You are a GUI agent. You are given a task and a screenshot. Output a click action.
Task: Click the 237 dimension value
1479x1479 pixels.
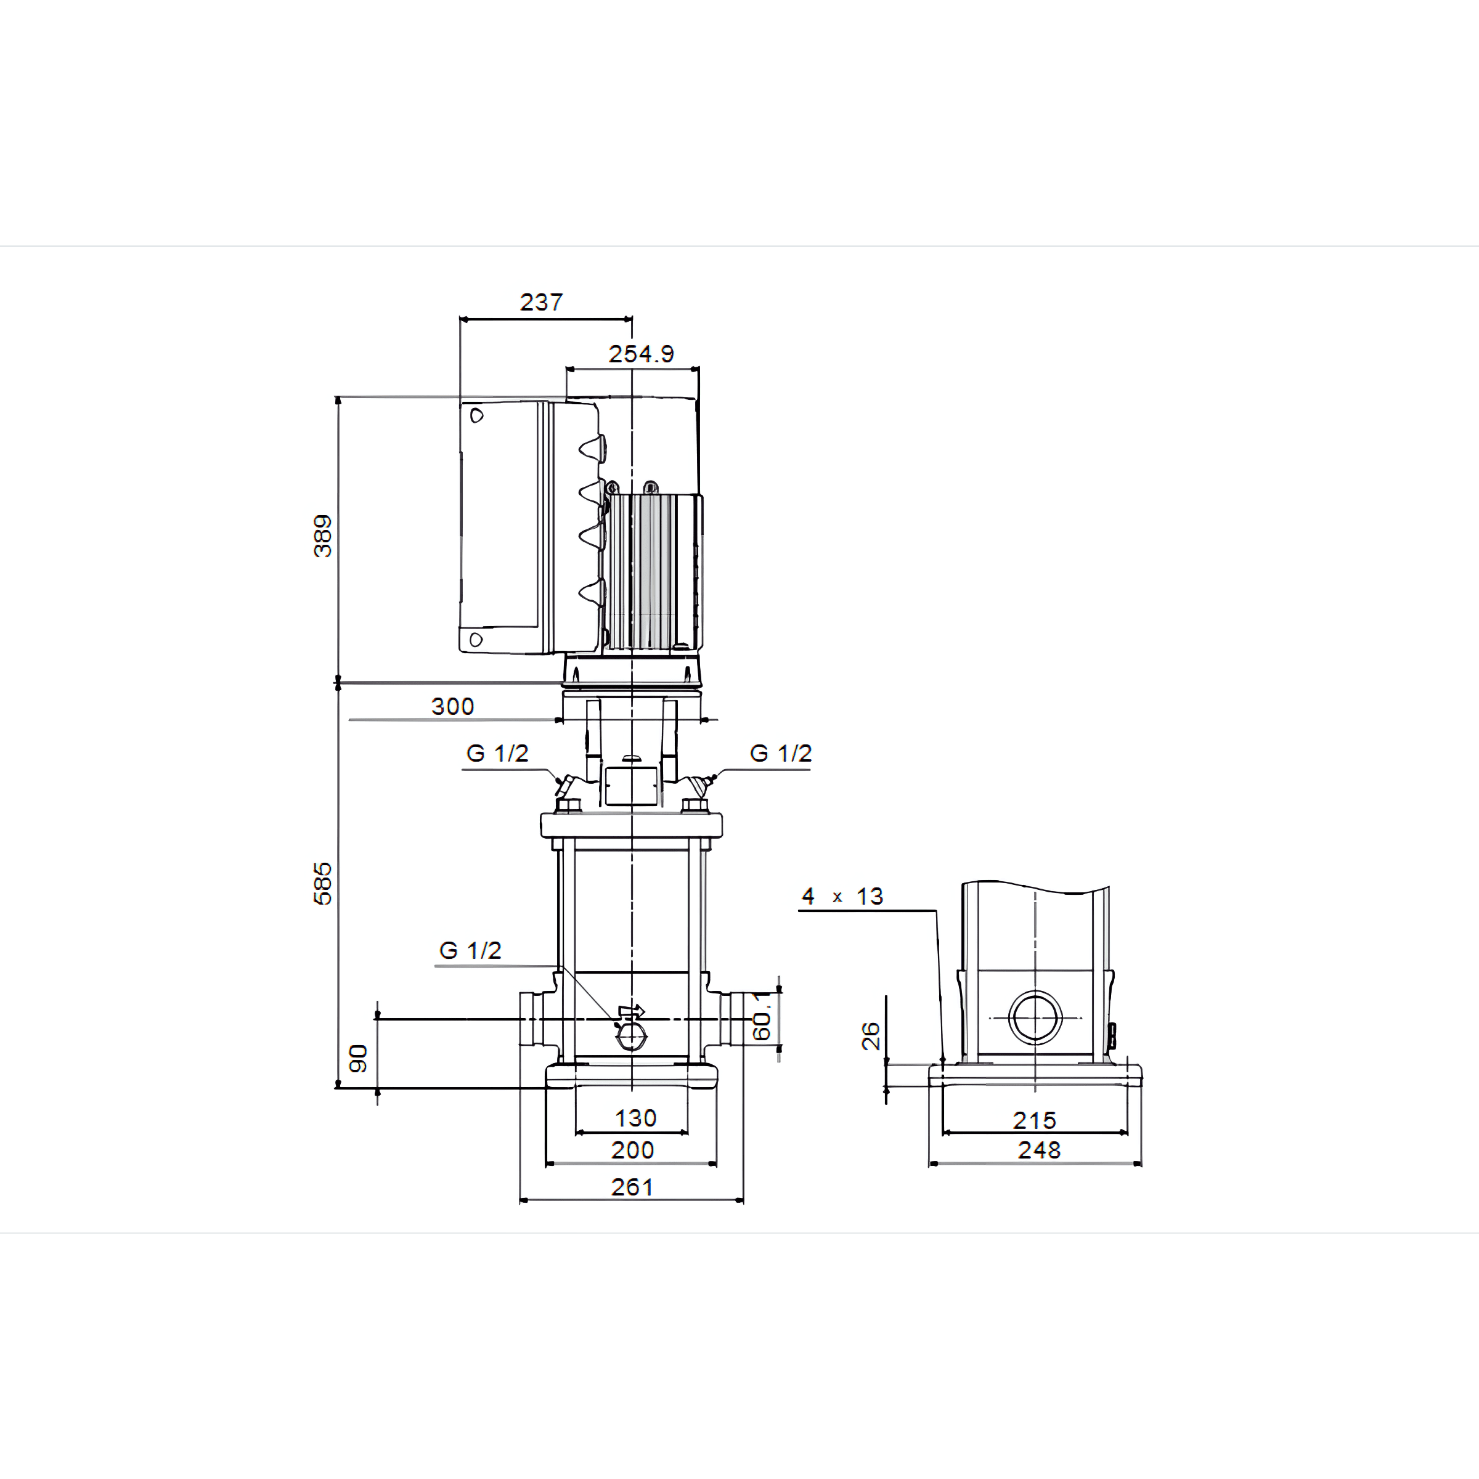click(x=541, y=303)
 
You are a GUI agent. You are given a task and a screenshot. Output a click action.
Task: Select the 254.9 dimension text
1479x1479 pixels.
click(x=641, y=354)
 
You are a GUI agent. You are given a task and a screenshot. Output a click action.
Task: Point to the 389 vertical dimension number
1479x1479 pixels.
click(x=322, y=536)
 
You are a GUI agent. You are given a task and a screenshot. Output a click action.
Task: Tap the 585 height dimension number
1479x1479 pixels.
click(x=322, y=884)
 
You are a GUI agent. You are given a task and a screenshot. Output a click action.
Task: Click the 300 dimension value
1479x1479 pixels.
click(x=452, y=707)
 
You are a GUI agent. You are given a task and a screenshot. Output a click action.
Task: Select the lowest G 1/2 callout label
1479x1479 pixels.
click(x=470, y=951)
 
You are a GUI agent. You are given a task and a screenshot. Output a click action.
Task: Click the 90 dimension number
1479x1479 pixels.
click(x=358, y=1059)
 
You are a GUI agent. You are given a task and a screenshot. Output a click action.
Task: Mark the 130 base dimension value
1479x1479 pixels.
click(x=635, y=1118)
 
